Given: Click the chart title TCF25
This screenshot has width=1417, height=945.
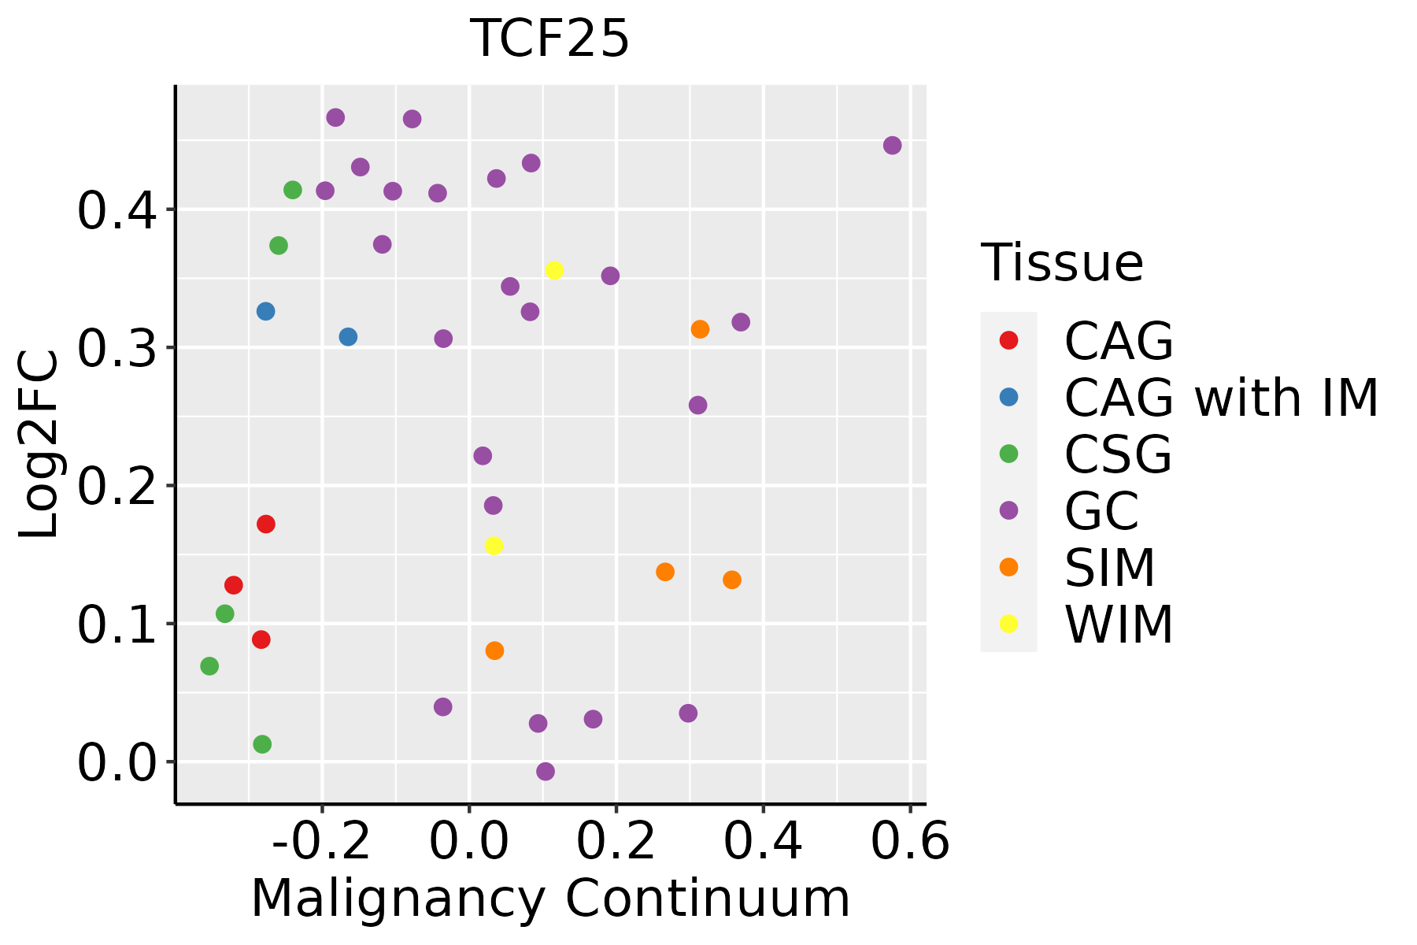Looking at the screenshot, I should pyautogui.click(x=549, y=39).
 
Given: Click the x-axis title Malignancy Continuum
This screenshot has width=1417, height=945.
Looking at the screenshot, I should pyautogui.click(x=550, y=899).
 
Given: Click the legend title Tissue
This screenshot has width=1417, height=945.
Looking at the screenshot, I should pyautogui.click(x=1062, y=263).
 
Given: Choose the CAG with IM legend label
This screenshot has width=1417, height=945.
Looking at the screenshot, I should pyautogui.click(x=1221, y=398).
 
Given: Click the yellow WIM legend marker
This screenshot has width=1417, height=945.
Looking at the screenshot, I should pyautogui.click(x=1008, y=624).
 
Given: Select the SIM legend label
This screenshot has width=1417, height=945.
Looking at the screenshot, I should pyautogui.click(x=1110, y=568).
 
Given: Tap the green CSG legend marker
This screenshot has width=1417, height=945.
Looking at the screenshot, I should pyautogui.click(x=1008, y=454).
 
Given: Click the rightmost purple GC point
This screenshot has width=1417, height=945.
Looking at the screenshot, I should pyautogui.click(x=892, y=146).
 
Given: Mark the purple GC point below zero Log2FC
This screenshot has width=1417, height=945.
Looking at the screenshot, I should pyautogui.click(x=546, y=772).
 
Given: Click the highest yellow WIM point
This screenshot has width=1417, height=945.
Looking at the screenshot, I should pyautogui.click(x=554, y=271).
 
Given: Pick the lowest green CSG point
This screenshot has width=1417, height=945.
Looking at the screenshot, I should pyautogui.click(x=262, y=744).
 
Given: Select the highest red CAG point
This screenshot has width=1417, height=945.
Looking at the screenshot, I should pyautogui.click(x=266, y=524).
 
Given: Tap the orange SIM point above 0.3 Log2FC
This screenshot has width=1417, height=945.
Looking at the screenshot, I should pyautogui.click(x=700, y=329).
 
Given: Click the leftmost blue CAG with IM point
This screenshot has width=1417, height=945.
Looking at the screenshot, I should pyautogui.click(x=266, y=312).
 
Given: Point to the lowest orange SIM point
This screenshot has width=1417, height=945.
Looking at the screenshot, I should pyautogui.click(x=494, y=651).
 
